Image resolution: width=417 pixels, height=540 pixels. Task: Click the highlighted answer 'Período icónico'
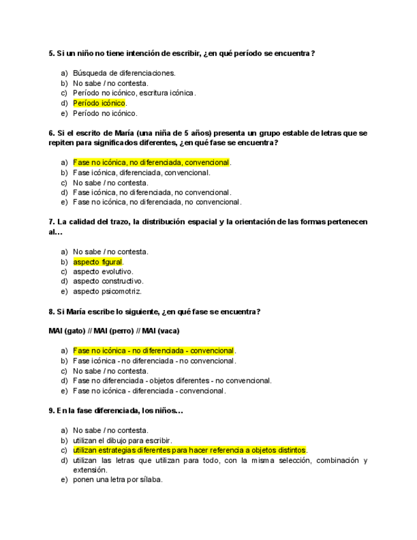tap(99, 103)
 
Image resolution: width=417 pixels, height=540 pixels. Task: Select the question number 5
tap(52, 53)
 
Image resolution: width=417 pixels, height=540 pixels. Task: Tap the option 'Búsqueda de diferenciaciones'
tap(124, 73)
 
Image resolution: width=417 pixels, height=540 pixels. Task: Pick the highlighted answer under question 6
tap(152, 162)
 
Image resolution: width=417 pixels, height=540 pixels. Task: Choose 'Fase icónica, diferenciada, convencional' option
tap(141, 173)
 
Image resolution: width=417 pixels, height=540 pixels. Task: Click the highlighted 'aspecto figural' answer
tap(97, 262)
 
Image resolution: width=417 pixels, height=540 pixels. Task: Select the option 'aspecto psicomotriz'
tap(107, 292)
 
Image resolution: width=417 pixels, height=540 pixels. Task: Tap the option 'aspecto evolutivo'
tap(103, 271)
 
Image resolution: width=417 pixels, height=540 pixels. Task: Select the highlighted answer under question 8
tap(153, 351)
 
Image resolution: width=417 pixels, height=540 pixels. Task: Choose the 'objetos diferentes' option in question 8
tap(172, 381)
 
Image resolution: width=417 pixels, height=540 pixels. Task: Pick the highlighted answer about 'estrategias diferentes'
tap(190, 450)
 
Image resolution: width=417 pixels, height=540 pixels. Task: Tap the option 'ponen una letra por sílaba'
tap(118, 480)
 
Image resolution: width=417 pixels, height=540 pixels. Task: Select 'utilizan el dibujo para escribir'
tap(122, 440)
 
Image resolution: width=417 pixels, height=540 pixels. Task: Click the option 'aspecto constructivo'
tap(108, 281)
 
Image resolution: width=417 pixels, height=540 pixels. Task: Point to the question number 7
tap(52, 222)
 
